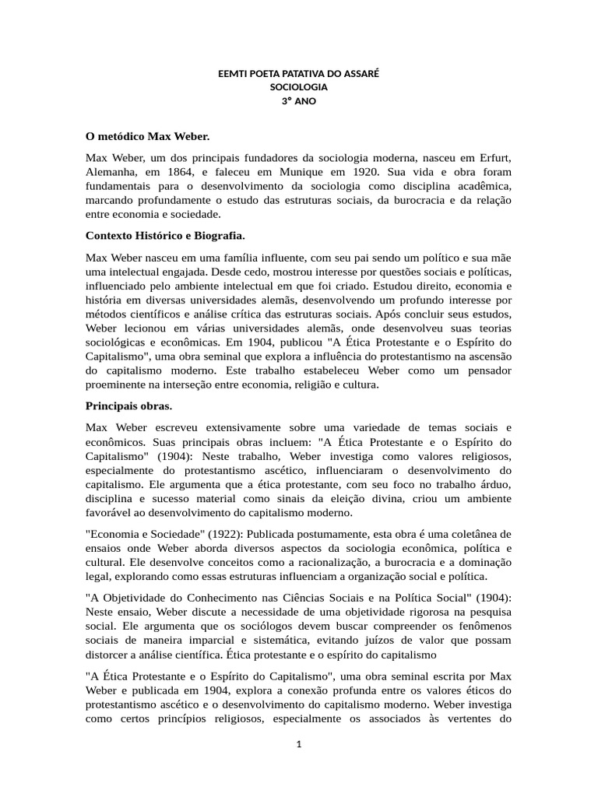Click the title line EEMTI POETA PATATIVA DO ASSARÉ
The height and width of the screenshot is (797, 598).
point(298,74)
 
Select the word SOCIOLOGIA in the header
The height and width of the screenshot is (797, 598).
point(298,87)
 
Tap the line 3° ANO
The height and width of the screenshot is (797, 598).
point(298,100)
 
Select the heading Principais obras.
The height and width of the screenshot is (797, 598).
point(128,406)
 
